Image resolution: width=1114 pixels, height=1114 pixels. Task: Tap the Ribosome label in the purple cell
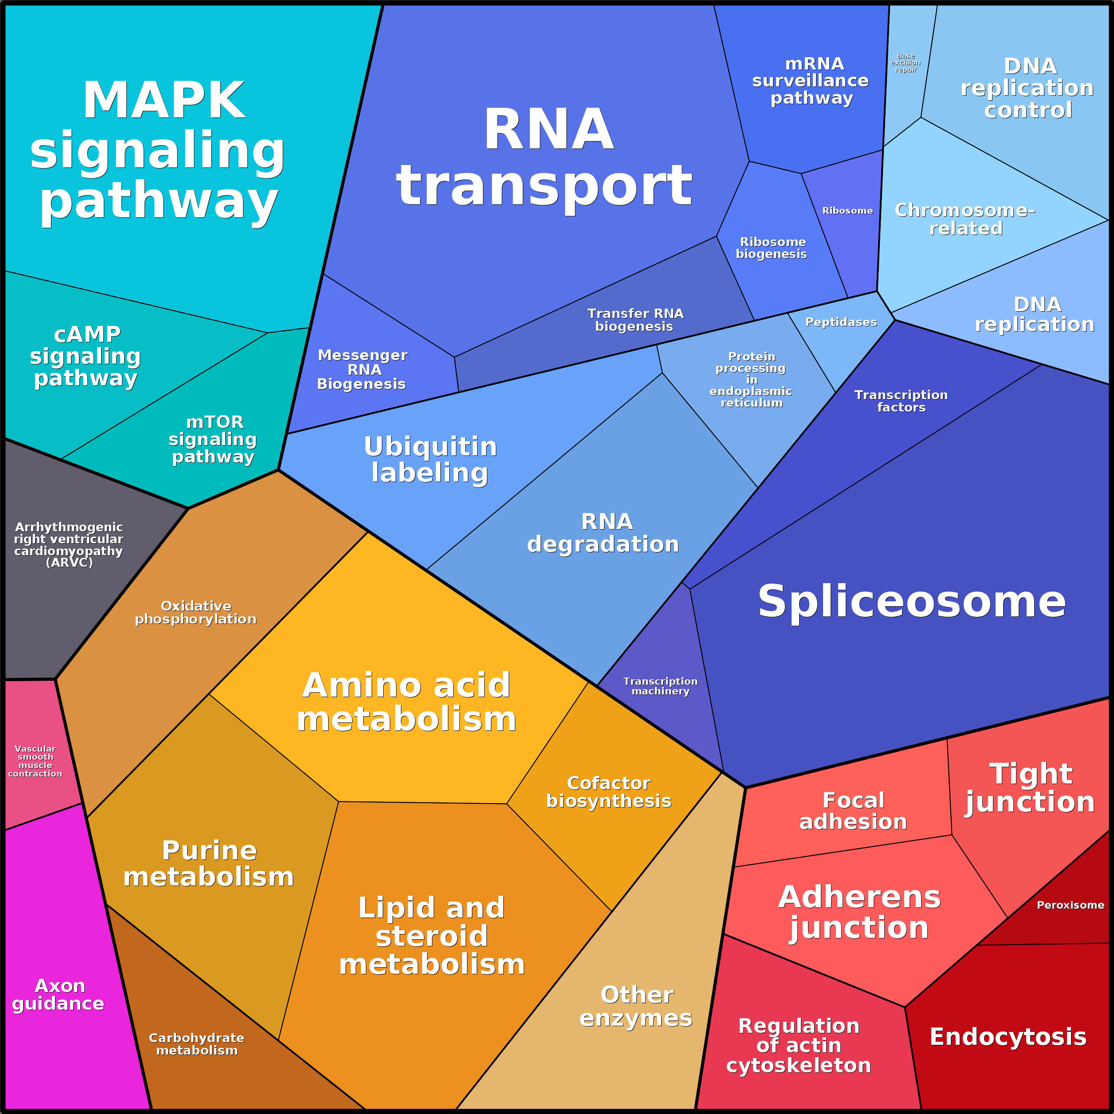847,211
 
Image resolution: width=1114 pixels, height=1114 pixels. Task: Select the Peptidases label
841,322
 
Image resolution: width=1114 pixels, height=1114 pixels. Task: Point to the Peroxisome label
1070,905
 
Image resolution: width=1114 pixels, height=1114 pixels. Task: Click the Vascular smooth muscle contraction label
35,761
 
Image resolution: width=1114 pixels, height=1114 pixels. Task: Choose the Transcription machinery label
660,686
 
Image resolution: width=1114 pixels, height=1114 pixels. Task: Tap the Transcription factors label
901,401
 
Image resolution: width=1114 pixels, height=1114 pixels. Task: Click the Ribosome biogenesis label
772,248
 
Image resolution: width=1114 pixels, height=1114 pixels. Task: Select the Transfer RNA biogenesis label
635,320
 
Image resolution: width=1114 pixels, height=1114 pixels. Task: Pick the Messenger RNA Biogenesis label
362,369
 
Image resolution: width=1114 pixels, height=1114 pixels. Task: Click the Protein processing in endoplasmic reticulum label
751,380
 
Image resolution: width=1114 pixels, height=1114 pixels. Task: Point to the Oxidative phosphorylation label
196,612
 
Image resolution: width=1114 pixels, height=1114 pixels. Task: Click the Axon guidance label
59,995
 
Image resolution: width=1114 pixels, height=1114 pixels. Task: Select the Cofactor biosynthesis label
609,792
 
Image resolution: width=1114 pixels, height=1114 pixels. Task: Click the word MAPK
165,100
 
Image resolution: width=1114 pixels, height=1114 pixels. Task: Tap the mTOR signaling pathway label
213,439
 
